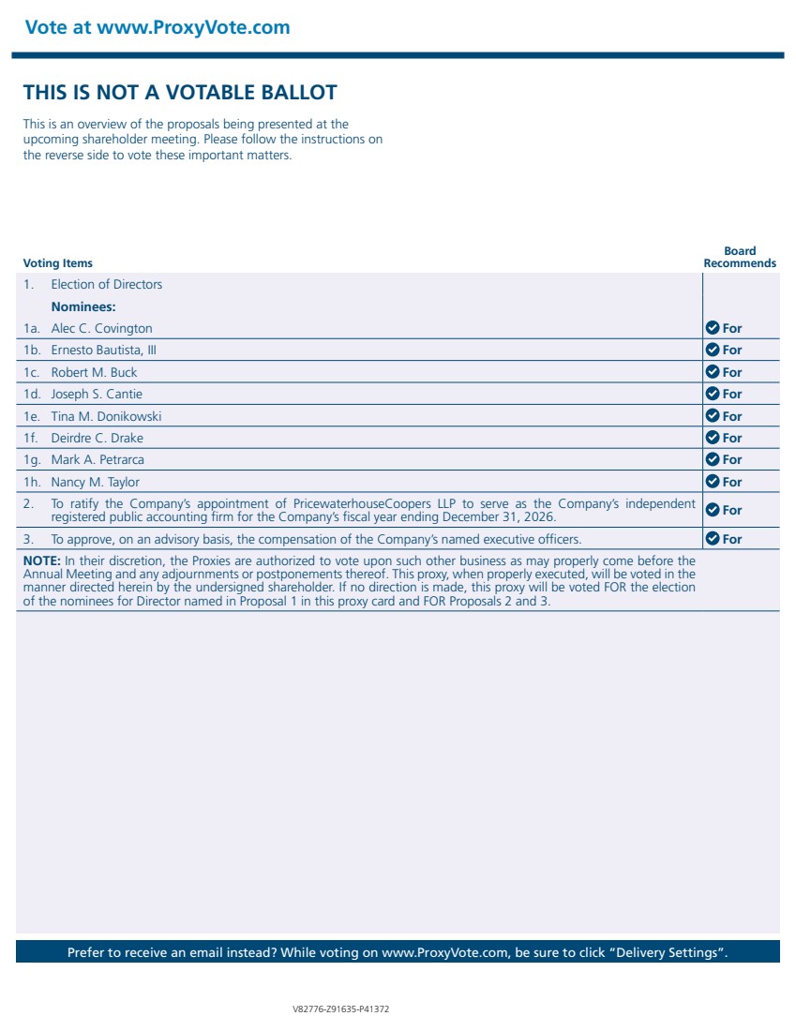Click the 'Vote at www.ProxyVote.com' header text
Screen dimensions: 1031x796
tap(158, 27)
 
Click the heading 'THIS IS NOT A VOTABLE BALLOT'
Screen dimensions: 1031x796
tap(180, 93)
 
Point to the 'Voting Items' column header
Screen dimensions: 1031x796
tap(57, 263)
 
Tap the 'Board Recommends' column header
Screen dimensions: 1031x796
tap(740, 257)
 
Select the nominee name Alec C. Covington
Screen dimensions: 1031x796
tap(101, 328)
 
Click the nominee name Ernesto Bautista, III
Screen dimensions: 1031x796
tap(104, 351)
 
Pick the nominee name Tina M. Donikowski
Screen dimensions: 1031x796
tap(106, 416)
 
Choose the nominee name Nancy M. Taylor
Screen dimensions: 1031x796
tap(95, 482)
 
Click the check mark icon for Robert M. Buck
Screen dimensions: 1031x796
tap(712, 372)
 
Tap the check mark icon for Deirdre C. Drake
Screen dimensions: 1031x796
tap(712, 438)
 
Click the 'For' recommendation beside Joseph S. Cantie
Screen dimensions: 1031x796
tap(732, 395)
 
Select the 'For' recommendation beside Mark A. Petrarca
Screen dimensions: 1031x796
tap(732, 460)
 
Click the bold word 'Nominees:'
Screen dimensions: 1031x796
tap(83, 306)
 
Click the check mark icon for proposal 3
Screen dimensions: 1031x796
tap(712, 539)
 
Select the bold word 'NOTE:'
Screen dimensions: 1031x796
tap(41, 561)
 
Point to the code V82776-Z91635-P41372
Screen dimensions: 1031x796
tap(341, 1009)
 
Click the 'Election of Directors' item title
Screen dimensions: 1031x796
tap(106, 284)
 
